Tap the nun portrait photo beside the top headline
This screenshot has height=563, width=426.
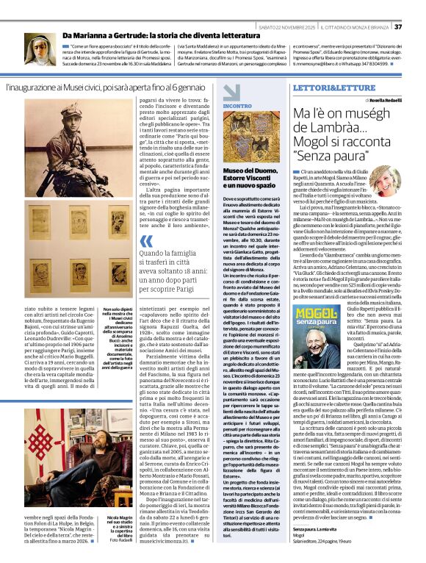(x=40, y=47)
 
